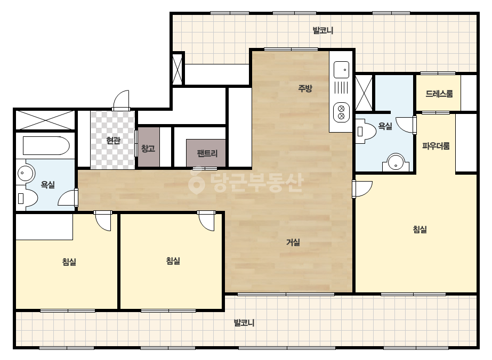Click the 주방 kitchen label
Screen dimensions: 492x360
pos(305,88)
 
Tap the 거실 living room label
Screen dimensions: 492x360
pos(293,242)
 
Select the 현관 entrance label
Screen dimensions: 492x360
pos(114,140)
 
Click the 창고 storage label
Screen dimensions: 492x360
pos(148,148)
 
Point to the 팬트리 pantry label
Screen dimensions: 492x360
pos(207,153)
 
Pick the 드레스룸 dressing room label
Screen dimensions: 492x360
pos(439,93)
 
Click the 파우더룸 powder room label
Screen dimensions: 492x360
pos(436,146)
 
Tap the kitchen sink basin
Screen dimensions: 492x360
pos(341,70)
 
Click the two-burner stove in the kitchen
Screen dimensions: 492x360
pos(341,112)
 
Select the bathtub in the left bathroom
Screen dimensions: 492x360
pos(46,145)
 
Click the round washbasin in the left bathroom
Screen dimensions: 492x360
pos(25,173)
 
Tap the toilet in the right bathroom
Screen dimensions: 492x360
pos(366,131)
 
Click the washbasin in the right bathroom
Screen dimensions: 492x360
pos(396,162)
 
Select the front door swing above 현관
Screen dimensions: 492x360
pos(121,100)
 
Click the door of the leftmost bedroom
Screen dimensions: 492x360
pos(103,221)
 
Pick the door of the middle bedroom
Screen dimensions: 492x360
pos(206,221)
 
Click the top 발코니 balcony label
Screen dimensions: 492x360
pos(323,30)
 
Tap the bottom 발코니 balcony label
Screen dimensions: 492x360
pos(244,323)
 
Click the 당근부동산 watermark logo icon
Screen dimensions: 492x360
pos(196,181)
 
